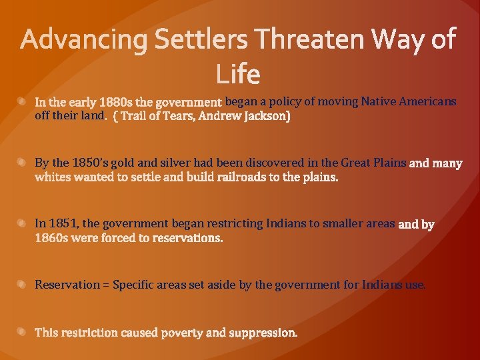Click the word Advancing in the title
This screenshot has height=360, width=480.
pyautogui.click(x=85, y=41)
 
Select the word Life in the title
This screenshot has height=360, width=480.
pyautogui.click(x=238, y=73)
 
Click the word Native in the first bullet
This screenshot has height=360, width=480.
pyautogui.click(x=380, y=102)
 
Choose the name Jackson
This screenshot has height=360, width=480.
pyautogui.click(x=267, y=117)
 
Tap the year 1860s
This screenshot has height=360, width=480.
pyautogui.click(x=52, y=239)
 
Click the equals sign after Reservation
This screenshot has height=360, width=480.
pyautogui.click(x=106, y=285)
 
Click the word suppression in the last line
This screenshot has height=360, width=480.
pyautogui.click(x=263, y=333)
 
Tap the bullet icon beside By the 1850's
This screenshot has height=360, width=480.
pyautogui.click(x=22, y=163)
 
